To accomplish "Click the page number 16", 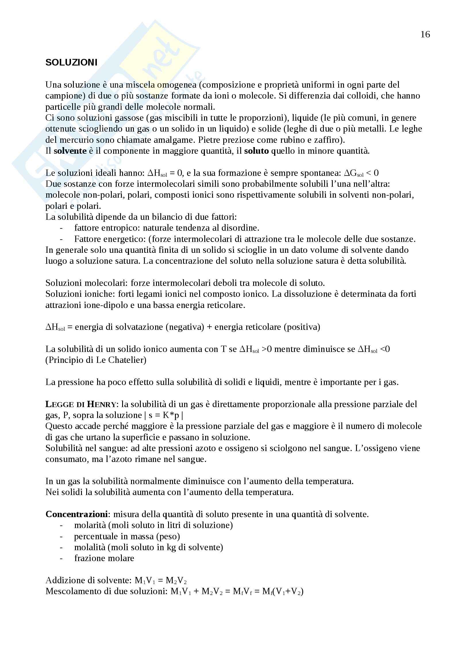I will tap(425, 34).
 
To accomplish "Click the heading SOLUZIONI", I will tap(71, 62).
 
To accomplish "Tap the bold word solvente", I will tap(70, 151).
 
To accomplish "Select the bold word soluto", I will tap(256, 151).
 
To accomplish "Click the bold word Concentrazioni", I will tap(77, 514).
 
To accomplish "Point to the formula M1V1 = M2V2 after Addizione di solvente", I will tap(160, 580).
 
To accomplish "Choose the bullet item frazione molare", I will tap(104, 558).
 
